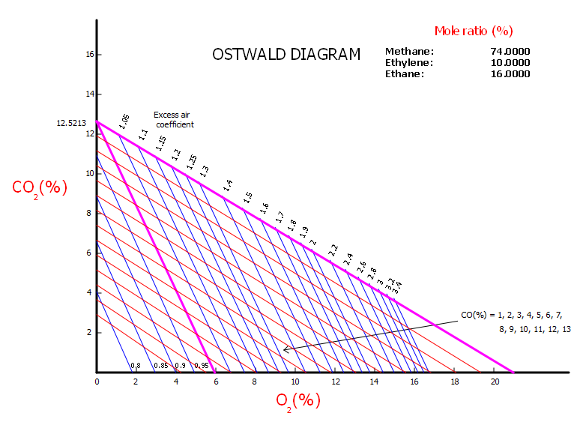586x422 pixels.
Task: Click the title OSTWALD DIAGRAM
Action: pos(286,55)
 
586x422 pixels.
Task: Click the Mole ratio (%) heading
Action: pos(474,31)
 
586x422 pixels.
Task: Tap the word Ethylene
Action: pos(409,62)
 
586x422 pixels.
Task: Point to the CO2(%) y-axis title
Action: pos(40,187)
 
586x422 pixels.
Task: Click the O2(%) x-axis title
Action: pos(297,400)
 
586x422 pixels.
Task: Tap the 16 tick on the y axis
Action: pos(89,55)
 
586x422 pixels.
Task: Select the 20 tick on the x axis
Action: pos(495,382)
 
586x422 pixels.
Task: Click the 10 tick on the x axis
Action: pos(295,382)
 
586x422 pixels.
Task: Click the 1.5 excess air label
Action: pos(248,197)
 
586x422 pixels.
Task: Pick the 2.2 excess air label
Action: pos(333,250)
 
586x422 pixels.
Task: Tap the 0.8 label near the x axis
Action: pos(136,366)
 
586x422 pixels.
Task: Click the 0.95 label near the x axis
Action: pos(201,366)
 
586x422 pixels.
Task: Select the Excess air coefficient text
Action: pos(173,120)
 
